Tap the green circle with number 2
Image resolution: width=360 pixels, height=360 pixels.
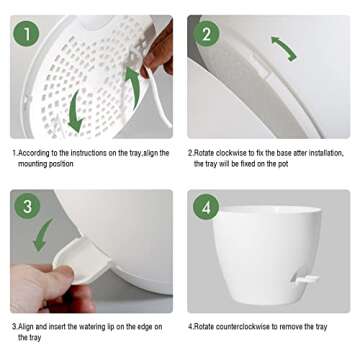click(x=208, y=35)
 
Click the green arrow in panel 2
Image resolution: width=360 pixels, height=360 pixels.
click(x=283, y=47)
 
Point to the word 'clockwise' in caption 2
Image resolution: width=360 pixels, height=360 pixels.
click(x=229, y=153)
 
